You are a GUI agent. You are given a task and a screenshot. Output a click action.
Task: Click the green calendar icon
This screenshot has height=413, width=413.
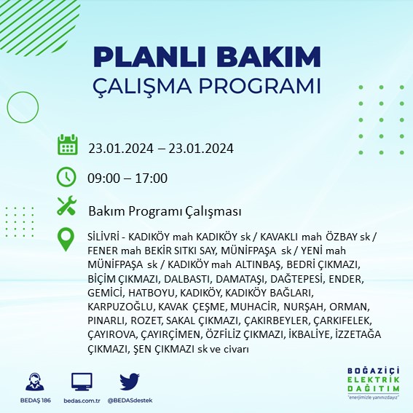tap(68, 145)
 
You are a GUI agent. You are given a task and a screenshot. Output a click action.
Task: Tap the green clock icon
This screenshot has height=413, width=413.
tap(67, 176)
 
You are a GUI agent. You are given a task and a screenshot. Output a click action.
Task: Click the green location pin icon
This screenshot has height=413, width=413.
tap(67, 239)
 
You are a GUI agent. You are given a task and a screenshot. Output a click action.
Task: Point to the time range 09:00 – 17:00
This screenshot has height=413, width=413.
tap(128, 178)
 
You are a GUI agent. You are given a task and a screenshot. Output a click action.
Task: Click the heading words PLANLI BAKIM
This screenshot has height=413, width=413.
tap(207, 56)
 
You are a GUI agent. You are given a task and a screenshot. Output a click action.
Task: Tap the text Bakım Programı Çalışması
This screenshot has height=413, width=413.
tap(165, 211)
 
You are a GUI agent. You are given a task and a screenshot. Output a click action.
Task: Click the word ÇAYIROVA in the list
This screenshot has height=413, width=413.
tap(111, 334)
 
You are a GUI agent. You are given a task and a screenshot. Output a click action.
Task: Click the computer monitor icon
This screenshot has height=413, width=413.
tap(82, 382)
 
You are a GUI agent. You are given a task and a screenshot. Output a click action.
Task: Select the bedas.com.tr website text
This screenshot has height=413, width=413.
tap(82, 401)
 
